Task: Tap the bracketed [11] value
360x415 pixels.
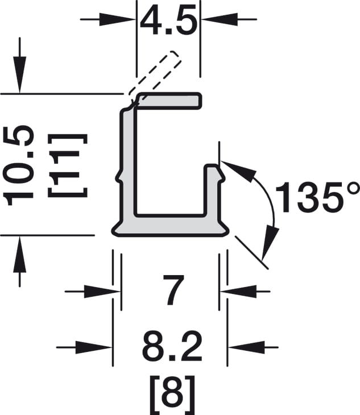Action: (x=68, y=165)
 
